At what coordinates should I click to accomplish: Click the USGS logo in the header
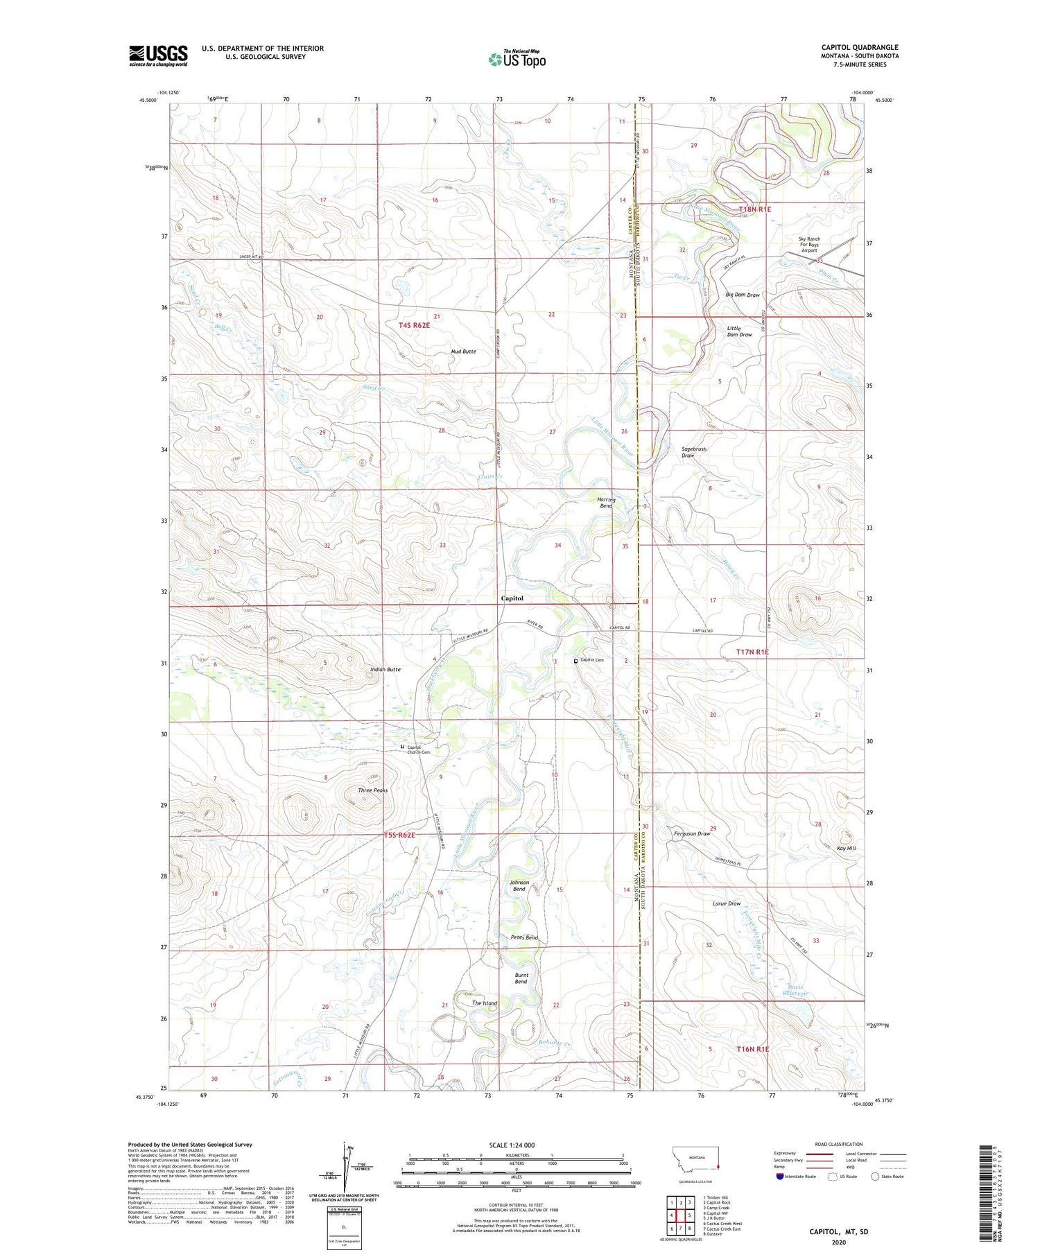[158, 55]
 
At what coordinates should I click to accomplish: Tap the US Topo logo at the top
[517, 60]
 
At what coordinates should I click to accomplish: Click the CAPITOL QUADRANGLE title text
[860, 47]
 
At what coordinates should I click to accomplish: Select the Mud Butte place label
[463, 352]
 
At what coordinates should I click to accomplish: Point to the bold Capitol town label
[512, 598]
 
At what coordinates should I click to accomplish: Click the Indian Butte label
[385, 670]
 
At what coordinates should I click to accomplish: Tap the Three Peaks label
[372, 790]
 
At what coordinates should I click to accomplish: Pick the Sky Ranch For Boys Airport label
[808, 245]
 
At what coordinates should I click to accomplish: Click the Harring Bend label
[606, 503]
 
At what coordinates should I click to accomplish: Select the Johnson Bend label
[519, 886]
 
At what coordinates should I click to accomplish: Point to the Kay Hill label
[847, 849]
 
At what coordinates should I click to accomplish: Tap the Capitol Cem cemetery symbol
[575, 661]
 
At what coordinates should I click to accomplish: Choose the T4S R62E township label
[414, 325]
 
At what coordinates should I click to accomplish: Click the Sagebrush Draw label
[693, 452]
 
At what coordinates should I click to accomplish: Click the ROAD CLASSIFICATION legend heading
[839, 1145]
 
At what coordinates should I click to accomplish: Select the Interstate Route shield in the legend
[780, 1177]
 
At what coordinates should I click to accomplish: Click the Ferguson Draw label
[692, 833]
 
